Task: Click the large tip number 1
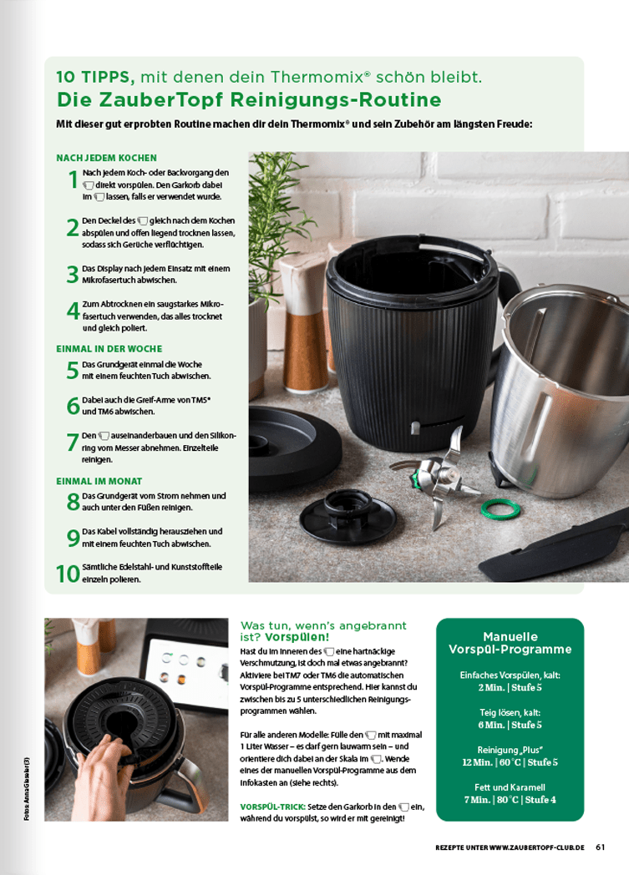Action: tap(73, 179)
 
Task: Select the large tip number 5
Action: tap(73, 371)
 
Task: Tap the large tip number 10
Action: tap(68, 574)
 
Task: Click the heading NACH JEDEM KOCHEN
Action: tap(106, 158)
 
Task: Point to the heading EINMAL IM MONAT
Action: tap(99, 481)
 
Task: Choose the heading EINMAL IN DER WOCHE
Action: tap(109, 349)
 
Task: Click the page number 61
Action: tap(600, 847)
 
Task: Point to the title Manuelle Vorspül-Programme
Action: tap(510, 643)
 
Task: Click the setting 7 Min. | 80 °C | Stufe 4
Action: tap(510, 800)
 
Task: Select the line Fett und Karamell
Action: tap(510, 786)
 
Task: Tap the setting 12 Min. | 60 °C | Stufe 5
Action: tap(510, 762)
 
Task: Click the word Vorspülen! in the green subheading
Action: tap(299, 637)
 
